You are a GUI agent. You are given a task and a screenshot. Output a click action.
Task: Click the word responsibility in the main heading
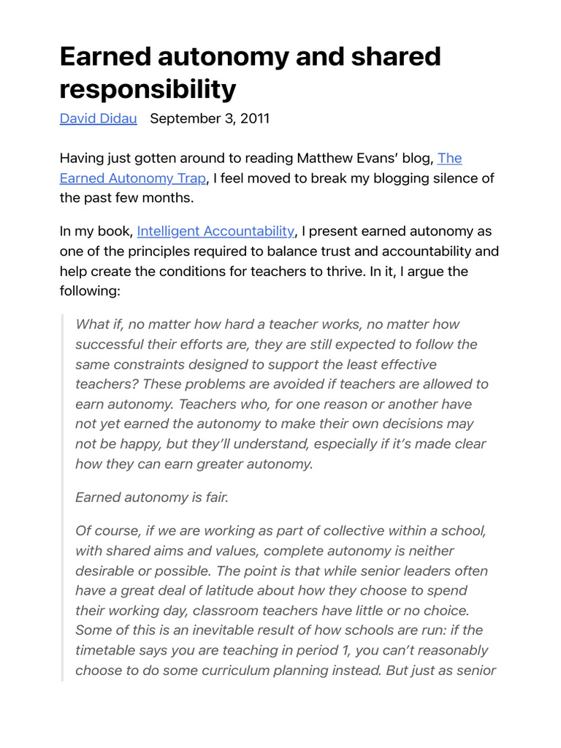tap(148, 88)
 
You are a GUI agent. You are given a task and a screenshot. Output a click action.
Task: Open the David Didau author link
tap(98, 118)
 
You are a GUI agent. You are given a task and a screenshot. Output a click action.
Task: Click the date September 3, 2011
tap(210, 118)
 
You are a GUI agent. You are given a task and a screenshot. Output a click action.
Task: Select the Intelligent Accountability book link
tap(215, 232)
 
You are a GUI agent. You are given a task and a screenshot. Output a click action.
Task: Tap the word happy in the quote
tap(142, 443)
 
